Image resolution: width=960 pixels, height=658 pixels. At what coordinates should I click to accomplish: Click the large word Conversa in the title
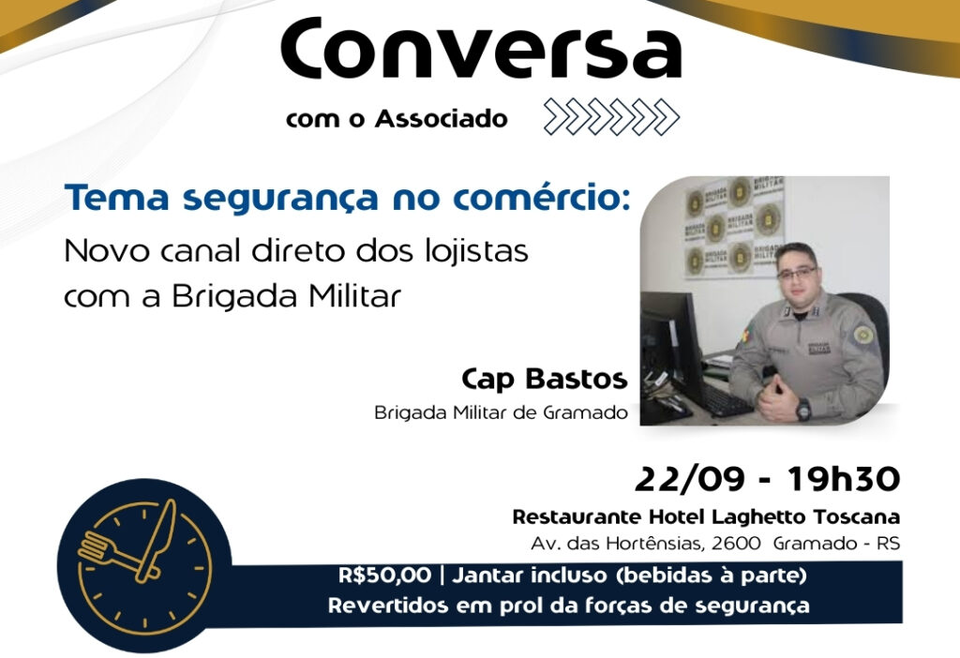point(481,49)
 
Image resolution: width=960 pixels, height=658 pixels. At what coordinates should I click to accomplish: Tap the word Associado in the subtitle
point(442,118)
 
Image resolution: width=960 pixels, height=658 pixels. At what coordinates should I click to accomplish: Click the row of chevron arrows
point(611,116)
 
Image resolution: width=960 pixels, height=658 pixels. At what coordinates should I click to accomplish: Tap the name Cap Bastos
point(545,379)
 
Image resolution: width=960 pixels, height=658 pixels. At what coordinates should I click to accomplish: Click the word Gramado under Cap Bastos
point(585,412)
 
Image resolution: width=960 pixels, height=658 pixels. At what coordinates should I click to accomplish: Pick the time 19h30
point(844,479)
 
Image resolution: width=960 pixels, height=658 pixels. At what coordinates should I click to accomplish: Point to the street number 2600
point(735,544)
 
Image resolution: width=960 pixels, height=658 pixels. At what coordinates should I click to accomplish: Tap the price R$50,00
point(385,576)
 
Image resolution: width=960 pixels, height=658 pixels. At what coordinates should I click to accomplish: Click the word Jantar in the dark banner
point(487,576)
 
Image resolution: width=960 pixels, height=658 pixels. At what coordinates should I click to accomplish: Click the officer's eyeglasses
point(797,273)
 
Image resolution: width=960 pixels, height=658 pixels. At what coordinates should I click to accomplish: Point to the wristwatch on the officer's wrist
point(803,409)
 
